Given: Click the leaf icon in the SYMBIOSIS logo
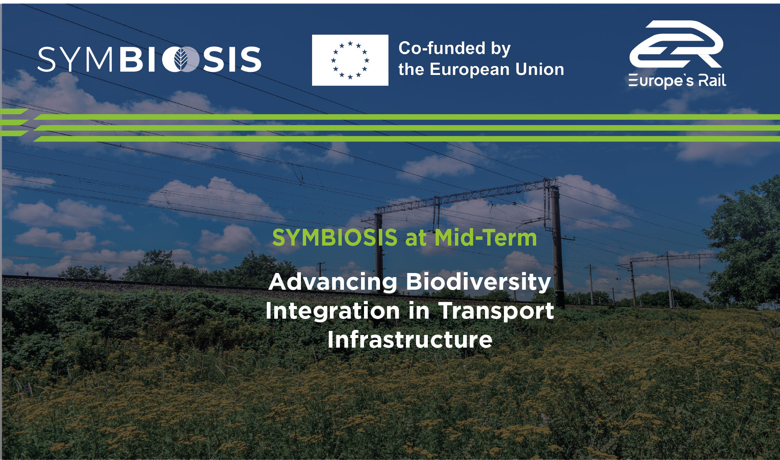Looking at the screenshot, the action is click(x=181, y=59).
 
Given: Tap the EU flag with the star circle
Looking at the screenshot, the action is click(x=350, y=60).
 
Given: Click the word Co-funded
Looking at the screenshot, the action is click(x=442, y=48).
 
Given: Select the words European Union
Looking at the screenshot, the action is click(x=497, y=69).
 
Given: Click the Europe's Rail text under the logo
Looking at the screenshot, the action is click(x=677, y=81).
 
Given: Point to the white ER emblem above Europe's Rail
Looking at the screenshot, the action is click(x=676, y=44).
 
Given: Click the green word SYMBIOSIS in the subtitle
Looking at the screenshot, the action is click(x=335, y=237).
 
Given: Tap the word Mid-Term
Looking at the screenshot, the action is click(x=486, y=237).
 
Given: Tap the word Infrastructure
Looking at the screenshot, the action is click(x=410, y=339).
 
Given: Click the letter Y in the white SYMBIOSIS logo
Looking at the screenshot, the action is click(x=71, y=59).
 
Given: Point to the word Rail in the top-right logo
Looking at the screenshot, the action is click(x=712, y=80).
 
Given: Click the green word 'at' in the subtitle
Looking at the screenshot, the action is click(x=416, y=238).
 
